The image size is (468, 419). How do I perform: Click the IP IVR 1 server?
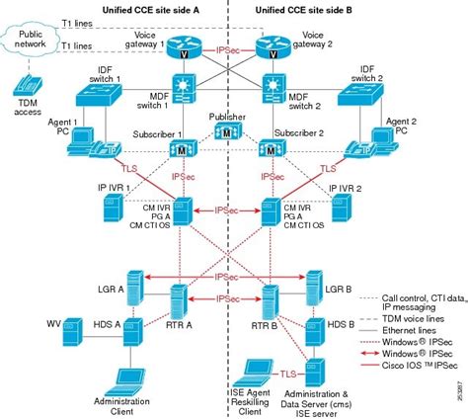112,209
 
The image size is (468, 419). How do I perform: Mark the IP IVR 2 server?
340,209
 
